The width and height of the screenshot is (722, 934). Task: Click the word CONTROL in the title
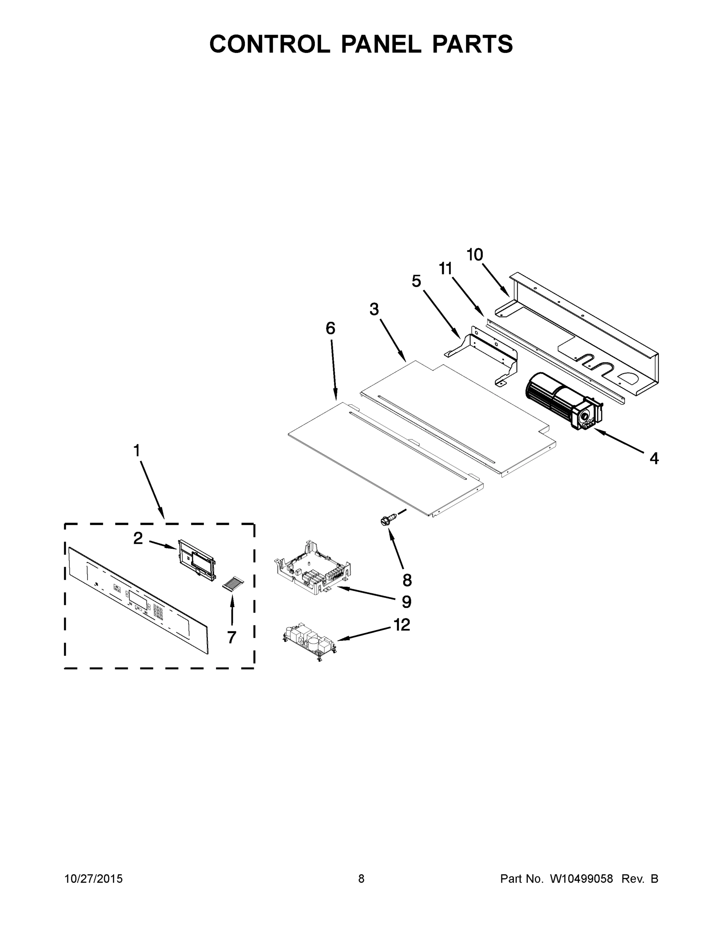[269, 44]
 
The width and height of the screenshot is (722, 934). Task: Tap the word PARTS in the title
[472, 44]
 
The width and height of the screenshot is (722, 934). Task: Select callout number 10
[475, 255]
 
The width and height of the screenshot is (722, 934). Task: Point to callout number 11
[446, 269]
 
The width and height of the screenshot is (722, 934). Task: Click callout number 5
[416, 281]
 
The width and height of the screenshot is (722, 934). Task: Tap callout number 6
[330, 328]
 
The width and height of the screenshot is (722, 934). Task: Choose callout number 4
[654, 459]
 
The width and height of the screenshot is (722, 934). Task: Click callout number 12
[402, 625]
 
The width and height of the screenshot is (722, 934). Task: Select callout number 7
[232, 637]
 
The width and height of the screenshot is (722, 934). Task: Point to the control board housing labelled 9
[312, 569]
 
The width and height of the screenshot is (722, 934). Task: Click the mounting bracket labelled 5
[483, 357]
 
